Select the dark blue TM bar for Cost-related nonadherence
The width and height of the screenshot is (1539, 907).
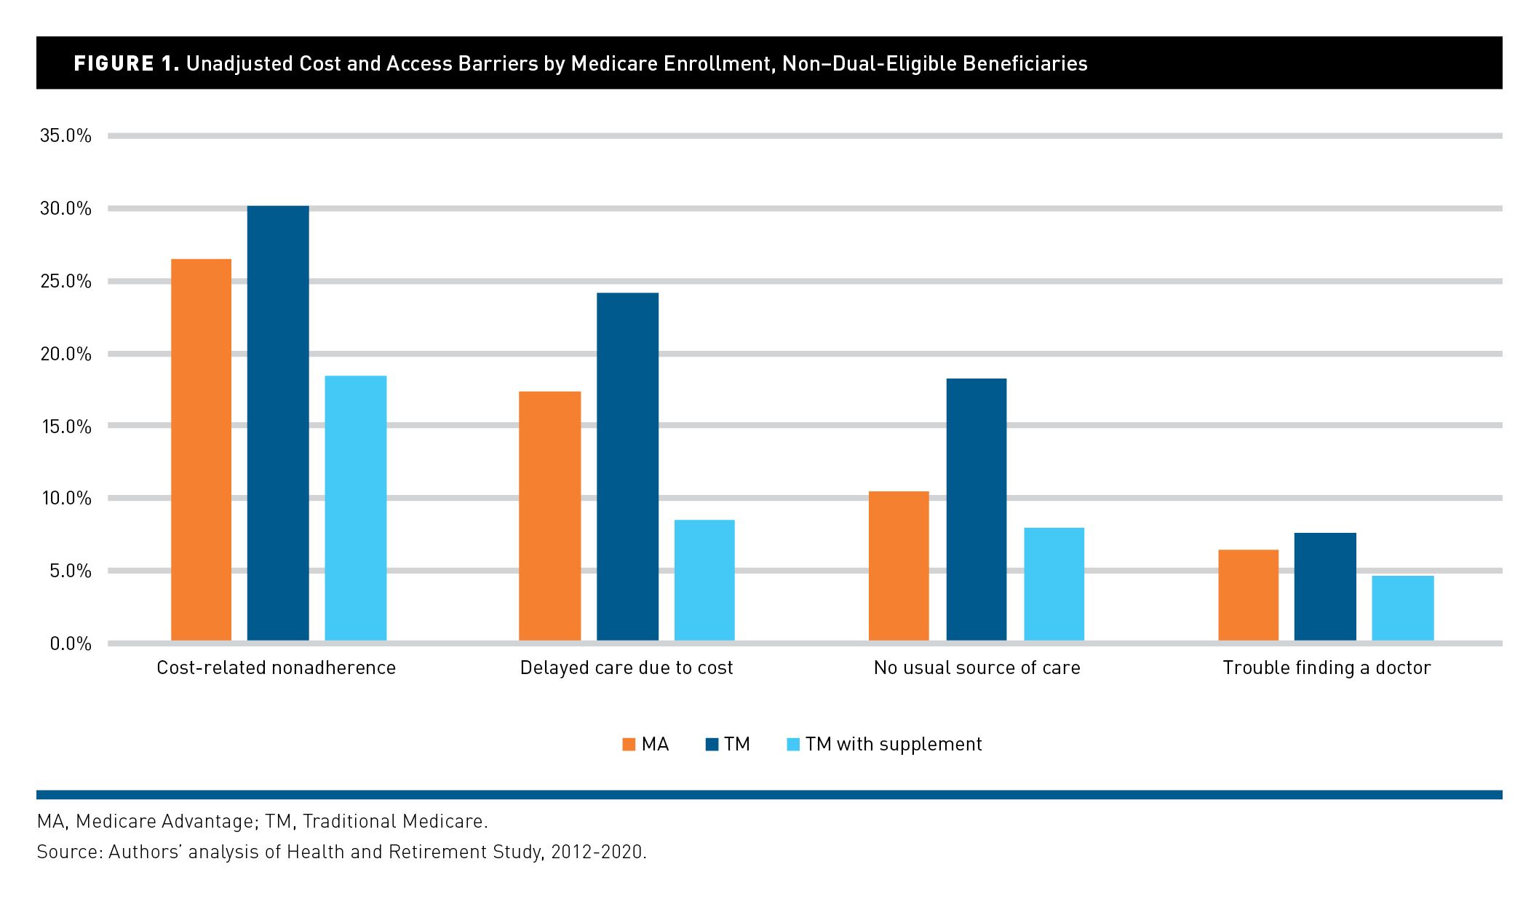[x=278, y=423]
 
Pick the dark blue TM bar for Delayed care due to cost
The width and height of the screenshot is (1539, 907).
[x=627, y=467]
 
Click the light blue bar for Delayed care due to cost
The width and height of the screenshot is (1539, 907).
[x=704, y=580]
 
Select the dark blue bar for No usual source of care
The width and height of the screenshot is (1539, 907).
[x=977, y=510]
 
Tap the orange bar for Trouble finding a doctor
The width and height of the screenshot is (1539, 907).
[x=1248, y=595]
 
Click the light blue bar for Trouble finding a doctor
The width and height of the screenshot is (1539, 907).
[x=1403, y=608]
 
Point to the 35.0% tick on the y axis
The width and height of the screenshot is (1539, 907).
[x=65, y=136]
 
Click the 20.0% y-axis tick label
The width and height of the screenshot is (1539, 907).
[x=65, y=355]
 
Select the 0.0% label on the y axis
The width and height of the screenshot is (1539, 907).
[x=71, y=643]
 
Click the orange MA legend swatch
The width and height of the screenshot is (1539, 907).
[x=629, y=745]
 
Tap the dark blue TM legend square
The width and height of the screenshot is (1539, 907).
[x=712, y=745]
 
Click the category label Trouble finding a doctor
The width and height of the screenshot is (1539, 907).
[x=1327, y=668]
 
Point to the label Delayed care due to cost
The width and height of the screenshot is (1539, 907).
[x=627, y=668]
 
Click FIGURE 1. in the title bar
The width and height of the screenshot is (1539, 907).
[x=126, y=64]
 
